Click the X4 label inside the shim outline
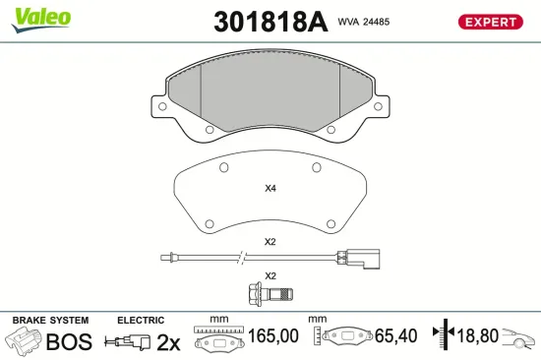tap(270, 189)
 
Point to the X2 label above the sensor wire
tap(270, 242)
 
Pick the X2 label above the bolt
tap(270, 275)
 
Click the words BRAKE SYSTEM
tap(49, 321)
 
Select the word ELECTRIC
tap(141, 321)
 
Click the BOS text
tap(69, 341)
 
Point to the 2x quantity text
tap(169, 341)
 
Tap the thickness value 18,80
tap(477, 336)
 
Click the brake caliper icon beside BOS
tap(25, 341)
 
